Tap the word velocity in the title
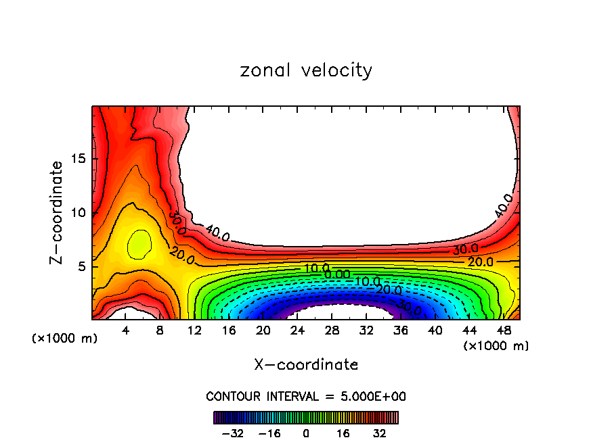pos(338,70)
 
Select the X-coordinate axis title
pos(306,364)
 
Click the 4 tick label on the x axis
pos(125,331)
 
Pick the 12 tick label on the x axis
pos(194,331)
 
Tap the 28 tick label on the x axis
pos(331,331)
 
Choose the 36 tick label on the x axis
pos(400,331)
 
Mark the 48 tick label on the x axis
pos(503,331)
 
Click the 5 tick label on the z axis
pos(78,266)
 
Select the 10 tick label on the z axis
pos(74,212)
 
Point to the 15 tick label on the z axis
pos(74,159)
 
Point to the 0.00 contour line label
pos(336,274)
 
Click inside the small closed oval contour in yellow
pos(139,244)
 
